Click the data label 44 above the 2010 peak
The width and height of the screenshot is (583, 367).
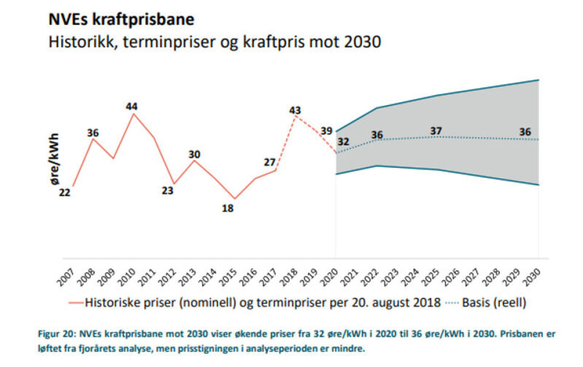tap(132, 106)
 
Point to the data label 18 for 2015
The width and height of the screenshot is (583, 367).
tap(228, 208)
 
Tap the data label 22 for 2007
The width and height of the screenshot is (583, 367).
tap(65, 193)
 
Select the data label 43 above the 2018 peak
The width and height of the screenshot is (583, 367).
tap(295, 110)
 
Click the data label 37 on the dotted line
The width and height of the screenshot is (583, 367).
tap(435, 131)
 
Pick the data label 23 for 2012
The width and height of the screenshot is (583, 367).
tap(168, 190)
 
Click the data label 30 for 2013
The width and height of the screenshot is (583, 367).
tap(194, 154)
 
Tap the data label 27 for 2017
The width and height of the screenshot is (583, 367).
tap(270, 162)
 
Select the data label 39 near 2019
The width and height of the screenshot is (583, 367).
tap(326, 131)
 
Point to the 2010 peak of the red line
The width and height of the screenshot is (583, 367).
tap(134, 114)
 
